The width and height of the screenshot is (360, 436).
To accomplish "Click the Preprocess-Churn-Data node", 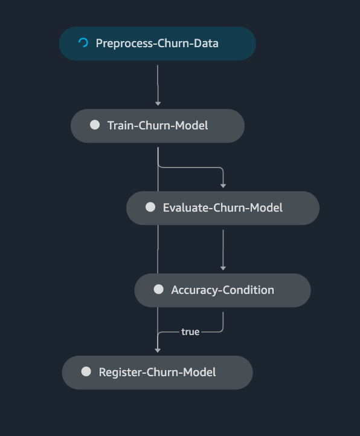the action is (x=158, y=44).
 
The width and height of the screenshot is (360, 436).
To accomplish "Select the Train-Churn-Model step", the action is (x=158, y=126).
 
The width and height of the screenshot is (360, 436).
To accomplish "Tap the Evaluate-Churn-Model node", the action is (x=223, y=208).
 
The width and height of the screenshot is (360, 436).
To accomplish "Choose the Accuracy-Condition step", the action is (x=222, y=290).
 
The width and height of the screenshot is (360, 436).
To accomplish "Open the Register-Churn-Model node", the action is (x=157, y=373).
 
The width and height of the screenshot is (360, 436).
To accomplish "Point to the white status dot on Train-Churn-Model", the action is (x=95, y=125).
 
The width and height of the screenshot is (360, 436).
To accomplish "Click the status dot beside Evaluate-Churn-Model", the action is (x=150, y=207).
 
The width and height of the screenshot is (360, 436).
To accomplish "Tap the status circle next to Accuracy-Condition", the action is (x=159, y=289).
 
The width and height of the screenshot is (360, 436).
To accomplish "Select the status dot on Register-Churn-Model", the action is (x=86, y=371).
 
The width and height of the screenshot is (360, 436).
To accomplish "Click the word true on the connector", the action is (x=190, y=332).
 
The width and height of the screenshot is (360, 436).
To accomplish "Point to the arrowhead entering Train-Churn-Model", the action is (x=158, y=104).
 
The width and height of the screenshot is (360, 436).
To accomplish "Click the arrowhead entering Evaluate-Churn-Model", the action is (x=223, y=186).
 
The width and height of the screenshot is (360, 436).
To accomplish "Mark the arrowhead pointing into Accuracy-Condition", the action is (x=223, y=268).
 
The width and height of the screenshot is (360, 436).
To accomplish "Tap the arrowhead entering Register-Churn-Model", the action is (x=158, y=351).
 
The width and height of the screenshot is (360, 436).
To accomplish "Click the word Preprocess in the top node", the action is (x=124, y=44).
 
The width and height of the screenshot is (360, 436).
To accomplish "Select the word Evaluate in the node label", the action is (x=186, y=207).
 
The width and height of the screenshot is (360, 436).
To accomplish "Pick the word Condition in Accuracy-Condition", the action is (x=248, y=290).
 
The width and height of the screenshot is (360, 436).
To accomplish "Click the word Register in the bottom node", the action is (x=120, y=373).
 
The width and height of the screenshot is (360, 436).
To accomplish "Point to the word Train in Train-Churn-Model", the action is (x=121, y=125).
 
